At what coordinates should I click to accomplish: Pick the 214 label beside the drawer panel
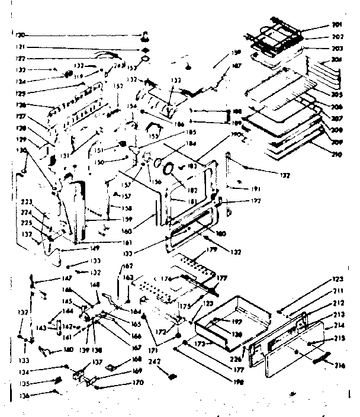click(339, 326)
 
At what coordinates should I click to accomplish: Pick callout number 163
click(128, 276)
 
